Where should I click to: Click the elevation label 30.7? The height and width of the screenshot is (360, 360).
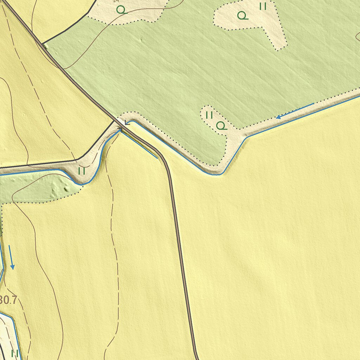point(8,300)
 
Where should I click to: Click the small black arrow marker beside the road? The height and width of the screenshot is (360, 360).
point(127,123)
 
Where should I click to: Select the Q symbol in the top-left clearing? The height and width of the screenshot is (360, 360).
point(121,10)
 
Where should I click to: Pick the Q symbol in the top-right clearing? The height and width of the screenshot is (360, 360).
point(242,15)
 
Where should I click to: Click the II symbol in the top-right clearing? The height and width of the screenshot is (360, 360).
point(263,6)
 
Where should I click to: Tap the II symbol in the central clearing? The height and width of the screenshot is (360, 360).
point(209,115)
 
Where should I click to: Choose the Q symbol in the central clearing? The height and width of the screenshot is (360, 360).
point(221,126)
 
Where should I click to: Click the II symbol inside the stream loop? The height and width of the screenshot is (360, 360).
point(82,171)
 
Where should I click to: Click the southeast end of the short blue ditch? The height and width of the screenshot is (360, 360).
point(157,158)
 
